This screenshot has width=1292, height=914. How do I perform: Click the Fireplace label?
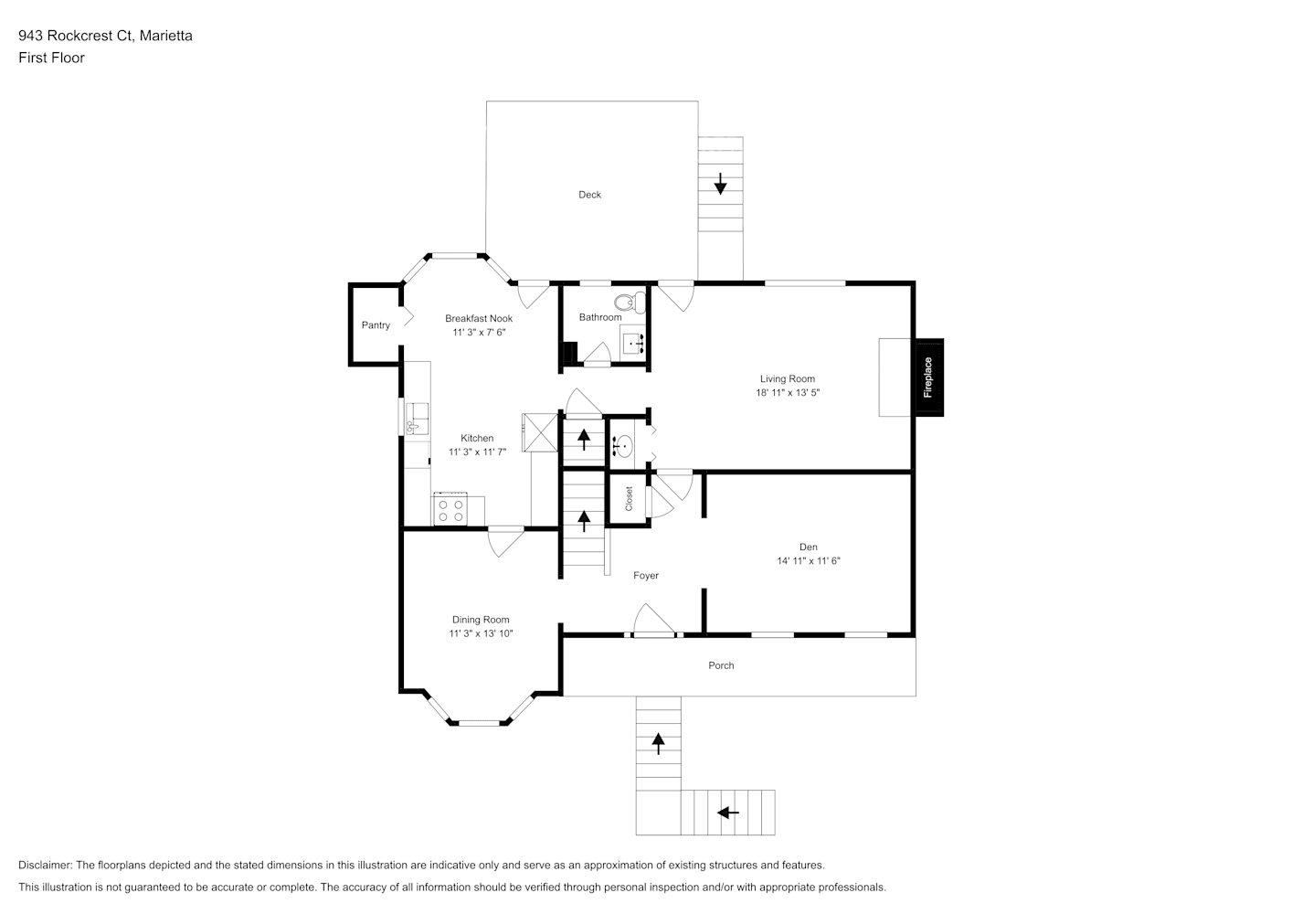(x=928, y=377)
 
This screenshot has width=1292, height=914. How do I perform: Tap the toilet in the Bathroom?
(x=627, y=302)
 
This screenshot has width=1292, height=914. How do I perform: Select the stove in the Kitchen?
(x=450, y=510)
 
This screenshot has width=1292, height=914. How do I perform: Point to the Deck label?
(x=589, y=195)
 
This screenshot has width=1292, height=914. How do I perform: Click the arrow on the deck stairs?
(x=720, y=184)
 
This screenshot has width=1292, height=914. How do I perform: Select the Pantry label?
(x=376, y=325)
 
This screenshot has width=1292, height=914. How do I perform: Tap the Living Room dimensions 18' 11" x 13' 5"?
(x=787, y=393)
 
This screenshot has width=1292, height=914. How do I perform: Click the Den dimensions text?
(x=808, y=561)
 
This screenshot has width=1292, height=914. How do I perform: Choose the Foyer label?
(x=646, y=576)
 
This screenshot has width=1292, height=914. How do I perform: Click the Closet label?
(x=629, y=499)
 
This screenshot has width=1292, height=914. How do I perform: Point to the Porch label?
(x=721, y=665)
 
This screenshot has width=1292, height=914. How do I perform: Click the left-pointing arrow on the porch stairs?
(x=728, y=812)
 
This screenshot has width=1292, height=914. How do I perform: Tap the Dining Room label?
(x=481, y=620)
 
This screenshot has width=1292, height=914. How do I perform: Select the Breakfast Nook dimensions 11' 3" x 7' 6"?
(x=479, y=333)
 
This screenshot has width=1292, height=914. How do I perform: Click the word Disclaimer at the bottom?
(x=45, y=865)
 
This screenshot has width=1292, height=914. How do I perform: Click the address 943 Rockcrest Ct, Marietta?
(x=105, y=36)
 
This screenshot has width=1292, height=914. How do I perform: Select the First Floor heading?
(x=51, y=58)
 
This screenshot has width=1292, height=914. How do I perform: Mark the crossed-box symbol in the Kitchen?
(x=539, y=432)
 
